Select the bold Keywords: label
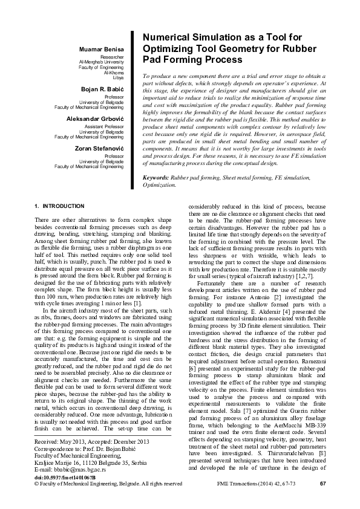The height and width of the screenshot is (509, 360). [x=155, y=178]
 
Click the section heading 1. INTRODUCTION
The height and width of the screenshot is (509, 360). [x=59, y=206]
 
